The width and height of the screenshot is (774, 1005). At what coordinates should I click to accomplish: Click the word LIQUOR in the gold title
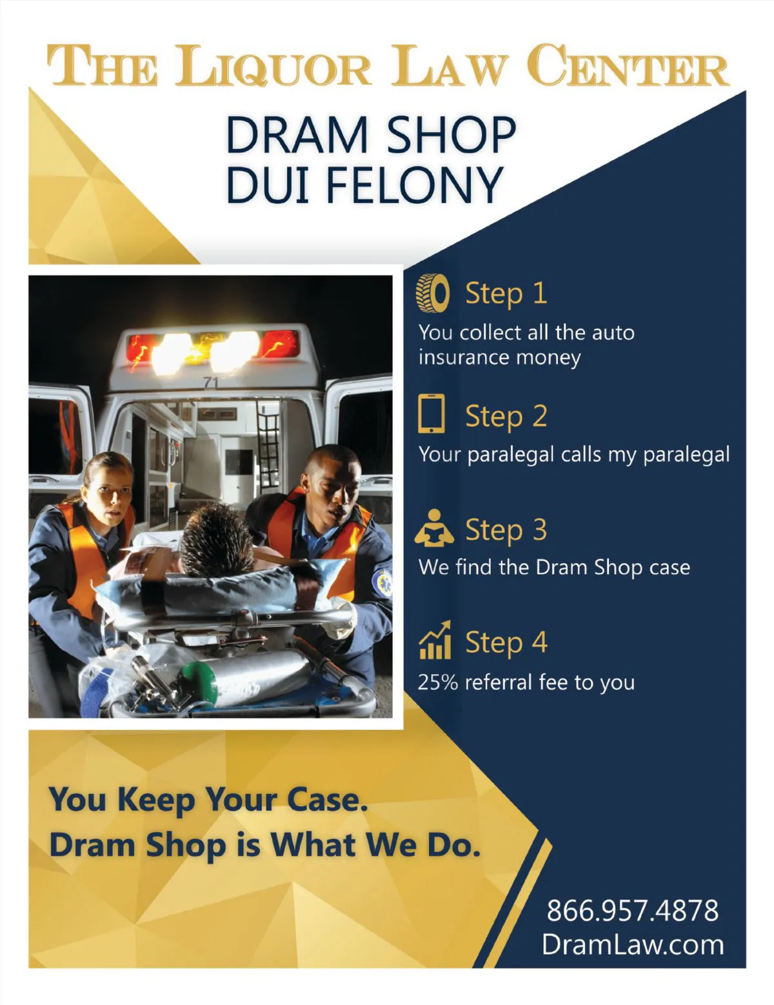pos(273,66)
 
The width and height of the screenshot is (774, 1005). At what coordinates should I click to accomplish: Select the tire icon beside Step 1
pos(433,293)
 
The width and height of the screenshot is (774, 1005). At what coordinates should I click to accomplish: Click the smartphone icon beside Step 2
pos(432,413)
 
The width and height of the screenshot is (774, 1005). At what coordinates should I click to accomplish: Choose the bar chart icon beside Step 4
pos(435,640)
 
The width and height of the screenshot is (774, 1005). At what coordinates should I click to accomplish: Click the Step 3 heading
pos(506,530)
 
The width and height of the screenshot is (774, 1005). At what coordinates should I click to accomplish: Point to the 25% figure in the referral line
pos(438,682)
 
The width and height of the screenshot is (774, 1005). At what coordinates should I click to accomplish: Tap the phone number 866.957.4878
pos(633,910)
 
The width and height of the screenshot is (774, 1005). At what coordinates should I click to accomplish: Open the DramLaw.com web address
pos(633,944)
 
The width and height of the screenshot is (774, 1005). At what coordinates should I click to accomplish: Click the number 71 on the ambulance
pos(211,383)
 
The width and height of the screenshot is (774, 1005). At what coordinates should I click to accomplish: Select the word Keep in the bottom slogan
pos(156,800)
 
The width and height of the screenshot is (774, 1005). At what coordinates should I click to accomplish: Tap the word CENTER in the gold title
pos(631,65)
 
